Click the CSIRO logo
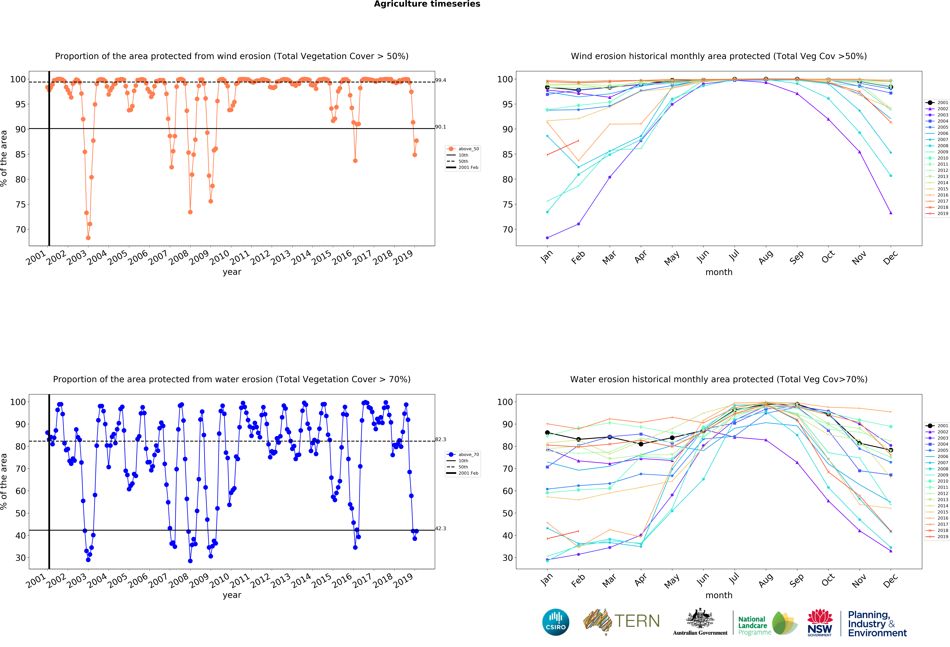click(x=556, y=622)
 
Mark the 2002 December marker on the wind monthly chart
click(x=891, y=213)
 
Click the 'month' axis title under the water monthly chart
click(x=719, y=595)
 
